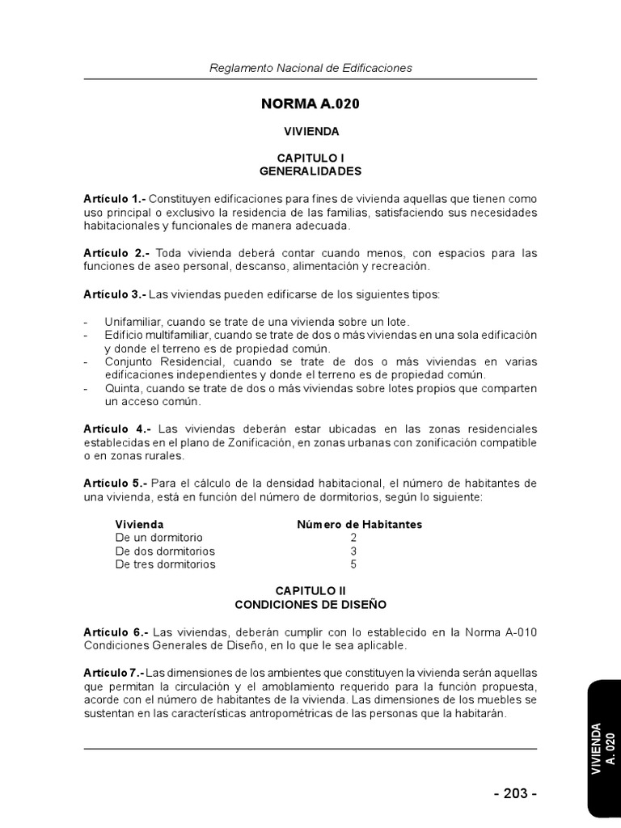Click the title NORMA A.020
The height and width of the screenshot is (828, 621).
(x=310, y=104)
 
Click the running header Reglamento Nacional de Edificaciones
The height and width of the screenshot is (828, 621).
(x=310, y=68)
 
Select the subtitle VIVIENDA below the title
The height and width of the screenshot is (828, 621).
(x=310, y=131)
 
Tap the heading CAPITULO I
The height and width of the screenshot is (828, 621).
(x=310, y=158)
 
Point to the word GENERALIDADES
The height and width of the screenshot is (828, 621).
(x=310, y=171)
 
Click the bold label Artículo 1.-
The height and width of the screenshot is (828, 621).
(x=114, y=199)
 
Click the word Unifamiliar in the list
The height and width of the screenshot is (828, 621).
(x=133, y=322)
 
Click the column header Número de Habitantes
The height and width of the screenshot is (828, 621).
(x=359, y=525)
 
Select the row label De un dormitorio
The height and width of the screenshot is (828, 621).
(x=159, y=538)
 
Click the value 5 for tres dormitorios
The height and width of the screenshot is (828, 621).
(x=353, y=564)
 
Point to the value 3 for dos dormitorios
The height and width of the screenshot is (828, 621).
(x=353, y=551)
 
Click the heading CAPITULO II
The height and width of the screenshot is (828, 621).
(x=310, y=591)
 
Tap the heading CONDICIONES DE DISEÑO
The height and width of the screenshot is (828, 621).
(x=310, y=604)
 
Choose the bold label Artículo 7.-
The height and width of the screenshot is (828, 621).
(x=113, y=673)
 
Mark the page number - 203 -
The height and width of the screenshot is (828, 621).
(x=515, y=793)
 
